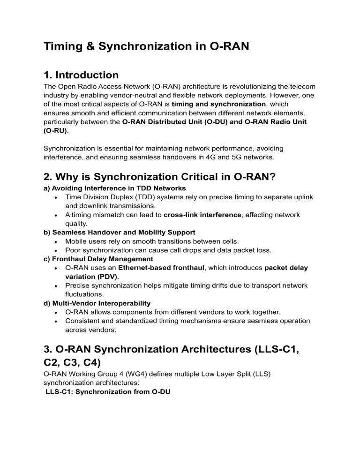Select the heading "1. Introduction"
(81, 75)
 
